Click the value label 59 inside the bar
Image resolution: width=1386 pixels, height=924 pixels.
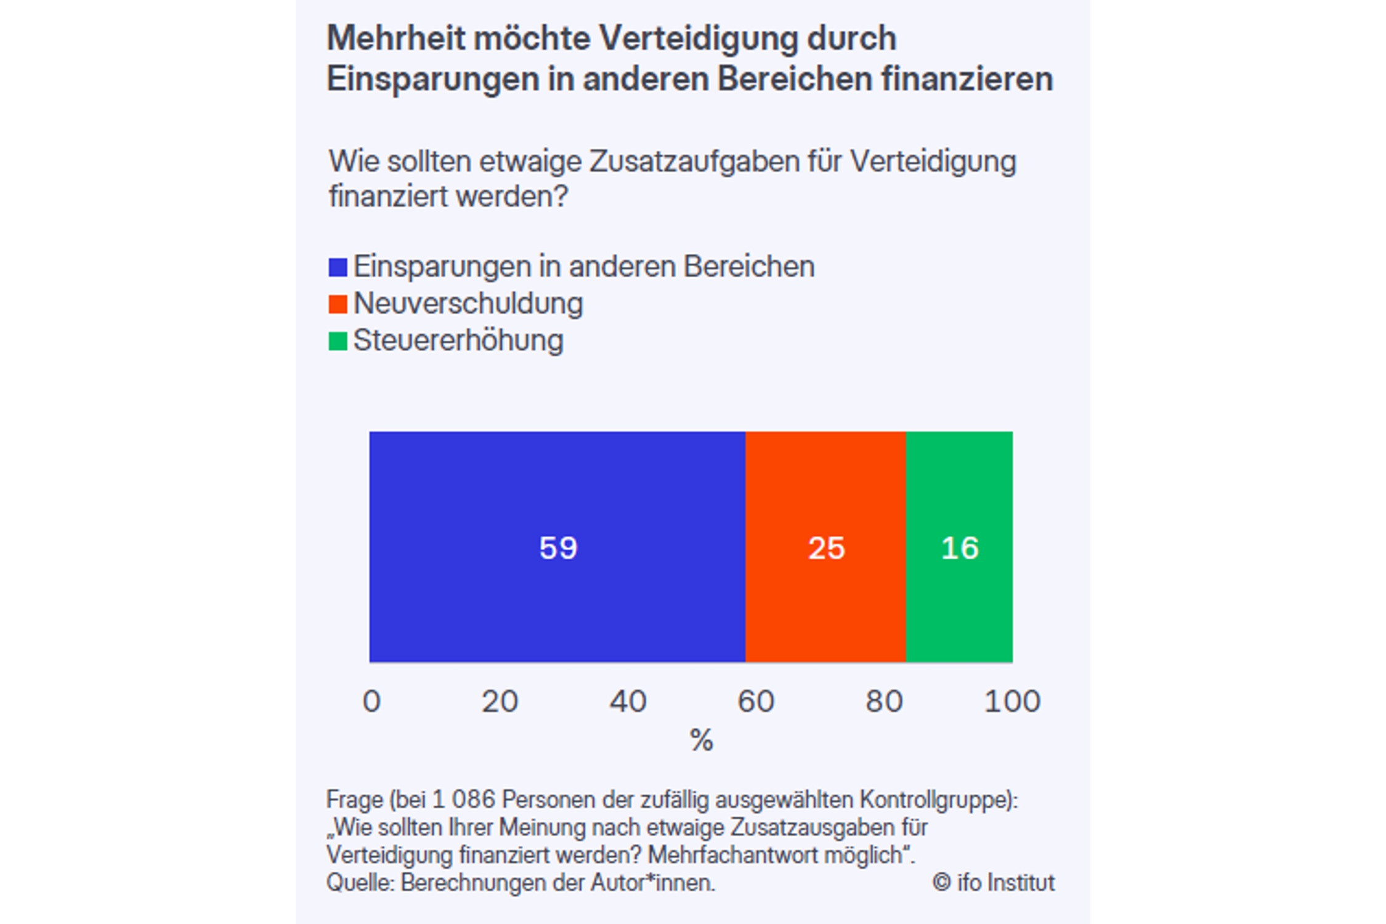558,548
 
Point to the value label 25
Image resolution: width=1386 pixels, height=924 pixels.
826,548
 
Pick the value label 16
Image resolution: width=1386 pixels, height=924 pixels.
960,548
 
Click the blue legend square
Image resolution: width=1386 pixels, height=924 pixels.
338,267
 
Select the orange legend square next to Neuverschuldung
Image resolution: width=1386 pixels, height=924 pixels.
338,304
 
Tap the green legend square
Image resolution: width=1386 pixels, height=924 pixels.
338,341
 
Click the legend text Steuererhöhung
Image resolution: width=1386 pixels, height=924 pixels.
458,341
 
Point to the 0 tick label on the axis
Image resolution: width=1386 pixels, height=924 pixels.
371,701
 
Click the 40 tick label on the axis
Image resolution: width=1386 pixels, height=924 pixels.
628,701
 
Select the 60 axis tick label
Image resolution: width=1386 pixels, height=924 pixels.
756,701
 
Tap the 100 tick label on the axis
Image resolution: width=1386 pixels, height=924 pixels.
1012,701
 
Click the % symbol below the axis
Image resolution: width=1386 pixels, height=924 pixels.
701,740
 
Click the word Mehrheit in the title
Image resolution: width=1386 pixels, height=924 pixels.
396,39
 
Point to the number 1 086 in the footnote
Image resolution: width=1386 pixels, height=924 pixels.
463,800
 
